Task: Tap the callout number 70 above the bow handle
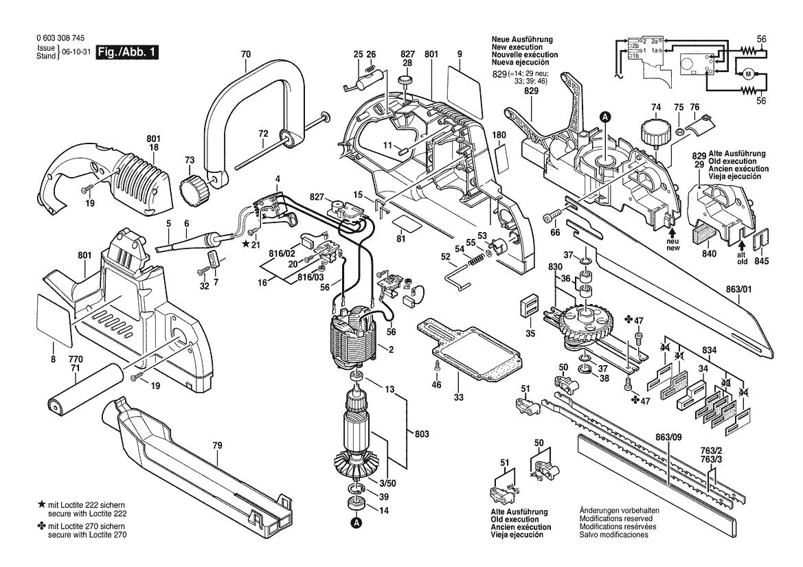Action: [x=246, y=54]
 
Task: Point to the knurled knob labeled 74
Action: [x=653, y=130]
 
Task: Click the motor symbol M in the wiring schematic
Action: [x=745, y=72]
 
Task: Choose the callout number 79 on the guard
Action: [x=217, y=446]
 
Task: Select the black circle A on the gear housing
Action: [x=604, y=117]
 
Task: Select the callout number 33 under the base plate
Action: [x=458, y=397]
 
